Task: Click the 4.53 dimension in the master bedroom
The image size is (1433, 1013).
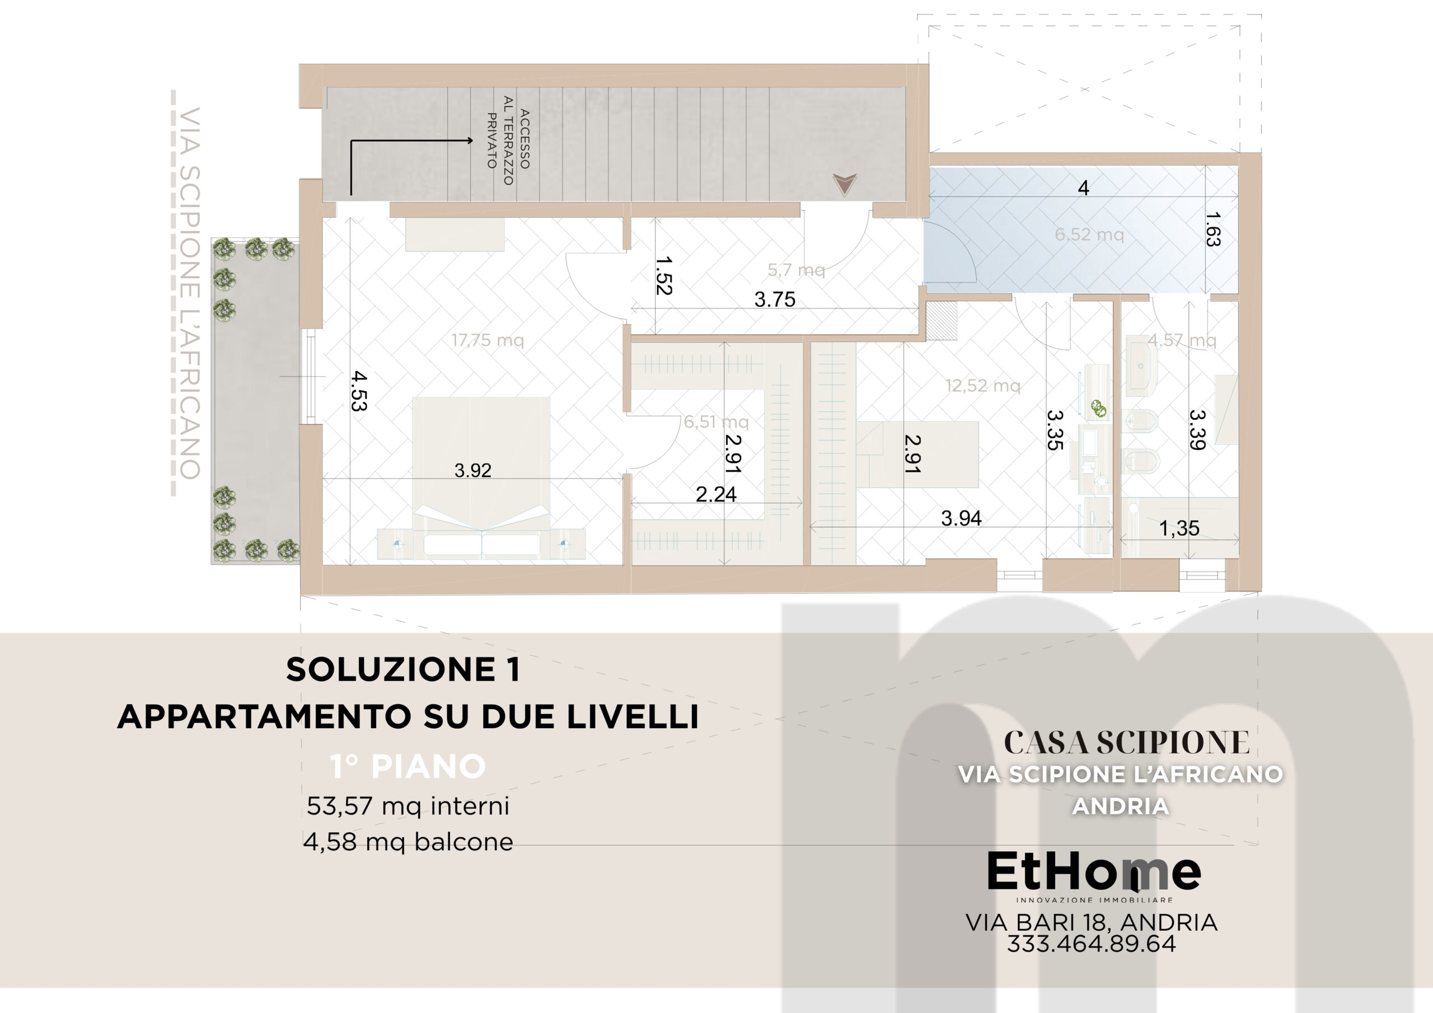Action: click(359, 391)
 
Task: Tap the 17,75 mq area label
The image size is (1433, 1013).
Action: click(488, 340)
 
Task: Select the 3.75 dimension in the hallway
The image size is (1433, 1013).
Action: click(775, 299)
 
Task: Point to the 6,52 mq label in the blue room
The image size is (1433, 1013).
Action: click(1089, 235)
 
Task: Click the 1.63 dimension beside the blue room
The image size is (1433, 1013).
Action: click(1212, 229)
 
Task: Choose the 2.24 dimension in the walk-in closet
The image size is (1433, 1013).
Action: click(716, 494)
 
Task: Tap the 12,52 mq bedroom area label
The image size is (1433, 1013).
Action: click(983, 386)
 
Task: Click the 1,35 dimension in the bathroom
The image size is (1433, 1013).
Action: click(1179, 529)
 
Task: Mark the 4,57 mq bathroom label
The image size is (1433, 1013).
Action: click(1182, 340)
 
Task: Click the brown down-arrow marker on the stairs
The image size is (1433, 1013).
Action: click(845, 185)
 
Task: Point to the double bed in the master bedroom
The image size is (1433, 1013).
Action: click(481, 477)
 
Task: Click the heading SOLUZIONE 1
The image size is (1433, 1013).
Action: click(403, 670)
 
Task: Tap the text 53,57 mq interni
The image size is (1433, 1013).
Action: click(408, 806)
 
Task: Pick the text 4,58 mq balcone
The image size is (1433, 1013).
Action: click(408, 842)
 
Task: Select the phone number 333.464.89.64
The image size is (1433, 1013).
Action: click(1092, 944)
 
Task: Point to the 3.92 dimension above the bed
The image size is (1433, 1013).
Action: click(472, 471)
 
